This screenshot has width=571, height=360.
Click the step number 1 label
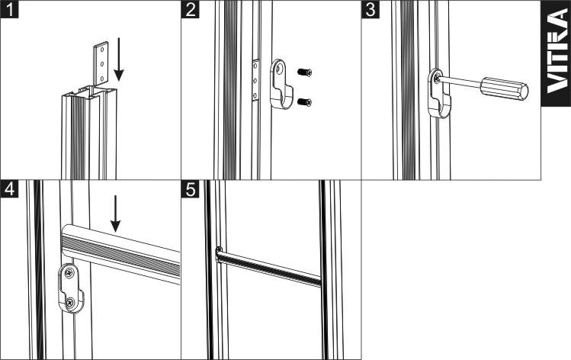click(x=9, y=8)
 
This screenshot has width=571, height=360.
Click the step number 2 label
click(x=190, y=8)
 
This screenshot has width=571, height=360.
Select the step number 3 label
click(x=371, y=8)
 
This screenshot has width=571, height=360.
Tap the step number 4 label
click(x=9, y=189)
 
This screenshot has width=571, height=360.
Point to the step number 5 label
click(x=190, y=189)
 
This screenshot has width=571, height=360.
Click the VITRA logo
click(x=557, y=53)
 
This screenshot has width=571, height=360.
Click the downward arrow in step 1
click(x=119, y=59)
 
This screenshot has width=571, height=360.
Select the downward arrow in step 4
click(x=115, y=214)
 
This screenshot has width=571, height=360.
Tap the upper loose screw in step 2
click(x=304, y=72)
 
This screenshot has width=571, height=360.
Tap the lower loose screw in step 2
click(x=304, y=102)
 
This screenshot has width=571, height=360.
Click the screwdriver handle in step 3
click(x=505, y=88)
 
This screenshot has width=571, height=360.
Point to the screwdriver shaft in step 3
click(x=460, y=82)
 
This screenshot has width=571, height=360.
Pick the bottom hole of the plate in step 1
click(x=102, y=78)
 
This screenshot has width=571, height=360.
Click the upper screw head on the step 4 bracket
click(x=69, y=272)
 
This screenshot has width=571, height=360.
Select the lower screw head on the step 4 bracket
click(x=70, y=302)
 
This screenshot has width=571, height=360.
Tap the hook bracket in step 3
click(x=439, y=92)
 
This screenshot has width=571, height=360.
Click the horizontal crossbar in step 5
click(x=269, y=267)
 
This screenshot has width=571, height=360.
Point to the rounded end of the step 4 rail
click(x=66, y=238)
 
